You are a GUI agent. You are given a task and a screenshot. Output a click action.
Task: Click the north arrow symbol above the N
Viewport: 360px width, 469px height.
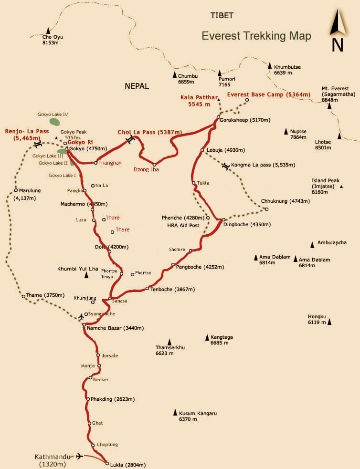(x=337, y=24)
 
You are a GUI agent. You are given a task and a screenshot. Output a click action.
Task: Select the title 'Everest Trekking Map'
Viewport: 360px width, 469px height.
(x=256, y=36)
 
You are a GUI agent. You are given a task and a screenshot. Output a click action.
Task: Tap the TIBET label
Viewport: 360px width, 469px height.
(x=222, y=15)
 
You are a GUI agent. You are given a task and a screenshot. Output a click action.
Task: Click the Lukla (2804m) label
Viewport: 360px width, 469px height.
(x=128, y=465)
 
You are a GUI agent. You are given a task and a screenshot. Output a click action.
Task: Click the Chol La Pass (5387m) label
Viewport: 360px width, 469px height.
(x=150, y=132)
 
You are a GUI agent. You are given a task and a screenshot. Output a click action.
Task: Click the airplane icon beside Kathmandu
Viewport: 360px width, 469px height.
(x=79, y=456)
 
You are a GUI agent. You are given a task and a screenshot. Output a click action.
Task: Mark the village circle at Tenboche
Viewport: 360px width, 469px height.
(x=148, y=289)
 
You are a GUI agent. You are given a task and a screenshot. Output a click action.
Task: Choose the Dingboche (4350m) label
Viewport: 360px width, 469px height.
(x=247, y=224)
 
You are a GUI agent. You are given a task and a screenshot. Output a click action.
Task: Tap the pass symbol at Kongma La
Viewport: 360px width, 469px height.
(x=226, y=166)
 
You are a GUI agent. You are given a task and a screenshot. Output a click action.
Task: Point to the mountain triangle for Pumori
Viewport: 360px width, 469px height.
(x=220, y=73)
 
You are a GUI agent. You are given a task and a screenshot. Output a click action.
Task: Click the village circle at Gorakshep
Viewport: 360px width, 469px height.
(x=218, y=117)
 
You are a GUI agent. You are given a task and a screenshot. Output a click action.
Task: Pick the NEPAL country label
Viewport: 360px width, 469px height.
(x=137, y=86)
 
